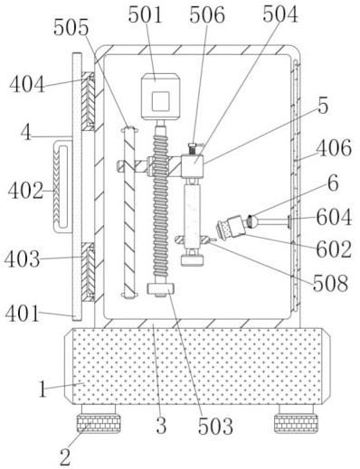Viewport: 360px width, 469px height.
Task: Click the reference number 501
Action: (146, 14)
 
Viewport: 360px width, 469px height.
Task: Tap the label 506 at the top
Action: (207, 15)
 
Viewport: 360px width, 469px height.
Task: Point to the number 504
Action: (280, 14)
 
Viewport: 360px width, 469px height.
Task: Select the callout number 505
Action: (71, 27)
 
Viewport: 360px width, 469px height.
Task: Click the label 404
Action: (27, 84)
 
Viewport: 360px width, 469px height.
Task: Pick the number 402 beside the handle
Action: (25, 191)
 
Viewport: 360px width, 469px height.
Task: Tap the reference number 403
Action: (23, 259)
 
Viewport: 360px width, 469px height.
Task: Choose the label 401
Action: (23, 314)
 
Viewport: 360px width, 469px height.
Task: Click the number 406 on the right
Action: (334, 148)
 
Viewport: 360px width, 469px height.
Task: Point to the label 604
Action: (334, 217)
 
